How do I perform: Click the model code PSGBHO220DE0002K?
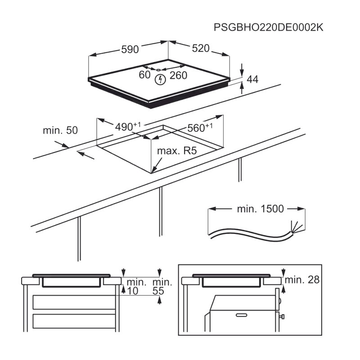(x=268, y=27)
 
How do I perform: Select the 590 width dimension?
(x=130, y=49)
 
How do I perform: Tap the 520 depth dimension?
(x=201, y=48)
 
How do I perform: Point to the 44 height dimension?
(x=252, y=79)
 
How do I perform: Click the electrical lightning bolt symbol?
(x=161, y=80)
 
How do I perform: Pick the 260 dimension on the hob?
(x=178, y=75)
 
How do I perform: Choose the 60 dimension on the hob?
(x=144, y=75)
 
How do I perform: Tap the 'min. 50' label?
(x=60, y=130)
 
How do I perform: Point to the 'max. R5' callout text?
(x=177, y=151)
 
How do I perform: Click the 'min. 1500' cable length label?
(x=261, y=209)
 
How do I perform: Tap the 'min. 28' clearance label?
(x=302, y=279)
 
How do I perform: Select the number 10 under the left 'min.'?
(x=132, y=291)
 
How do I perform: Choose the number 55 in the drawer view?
(x=158, y=291)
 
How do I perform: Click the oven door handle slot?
(x=242, y=315)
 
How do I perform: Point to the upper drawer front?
(x=74, y=302)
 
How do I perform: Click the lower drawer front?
(x=74, y=321)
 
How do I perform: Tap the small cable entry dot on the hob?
(x=158, y=70)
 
